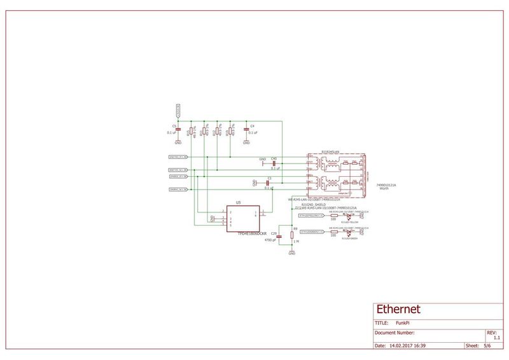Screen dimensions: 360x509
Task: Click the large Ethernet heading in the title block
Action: tap(398, 310)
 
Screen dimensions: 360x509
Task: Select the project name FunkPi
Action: tap(403, 323)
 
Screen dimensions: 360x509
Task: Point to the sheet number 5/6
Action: tap(487, 346)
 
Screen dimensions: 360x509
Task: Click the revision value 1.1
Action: tap(497, 338)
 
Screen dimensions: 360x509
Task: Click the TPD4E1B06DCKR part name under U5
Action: tap(239, 233)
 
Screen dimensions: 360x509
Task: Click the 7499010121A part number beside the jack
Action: tap(387, 185)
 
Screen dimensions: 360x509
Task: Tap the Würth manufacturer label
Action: tap(384, 189)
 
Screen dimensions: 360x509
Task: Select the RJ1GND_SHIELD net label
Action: tap(314, 204)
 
